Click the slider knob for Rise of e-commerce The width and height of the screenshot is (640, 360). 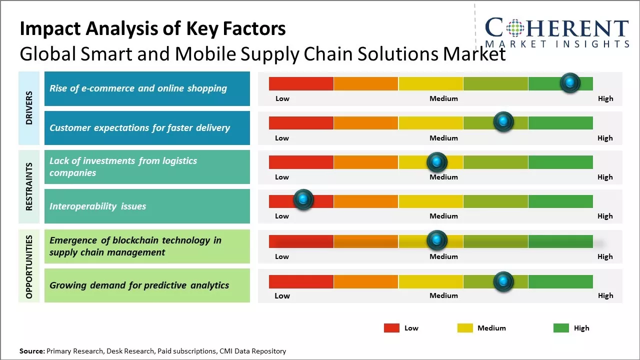coord(570,82)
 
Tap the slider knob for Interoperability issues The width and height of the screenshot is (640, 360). coord(303,199)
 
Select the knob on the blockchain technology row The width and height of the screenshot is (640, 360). coord(437,240)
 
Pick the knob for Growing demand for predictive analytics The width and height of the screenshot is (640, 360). coord(503,281)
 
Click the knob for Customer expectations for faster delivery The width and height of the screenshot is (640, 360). coord(503,121)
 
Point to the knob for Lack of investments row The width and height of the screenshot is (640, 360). coord(437,162)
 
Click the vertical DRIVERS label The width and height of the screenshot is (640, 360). coord(29,107)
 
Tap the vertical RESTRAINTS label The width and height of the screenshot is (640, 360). coord(29,186)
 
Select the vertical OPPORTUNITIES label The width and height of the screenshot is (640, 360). coord(29,266)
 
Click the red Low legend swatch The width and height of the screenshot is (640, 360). coord(391,328)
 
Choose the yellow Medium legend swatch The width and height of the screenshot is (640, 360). coord(465,328)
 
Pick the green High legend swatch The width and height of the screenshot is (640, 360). coord(561,328)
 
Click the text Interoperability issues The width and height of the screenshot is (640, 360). coord(98,206)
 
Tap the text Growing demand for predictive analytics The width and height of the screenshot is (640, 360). coord(139,285)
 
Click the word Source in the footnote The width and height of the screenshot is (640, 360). coord(31,351)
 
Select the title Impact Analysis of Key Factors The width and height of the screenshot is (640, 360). coord(152,29)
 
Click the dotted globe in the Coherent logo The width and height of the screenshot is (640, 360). coord(514,27)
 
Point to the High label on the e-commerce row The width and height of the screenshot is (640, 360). coord(605,98)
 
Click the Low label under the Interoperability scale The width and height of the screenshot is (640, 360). coord(282,216)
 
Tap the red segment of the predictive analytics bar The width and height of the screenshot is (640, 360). coord(301,281)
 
